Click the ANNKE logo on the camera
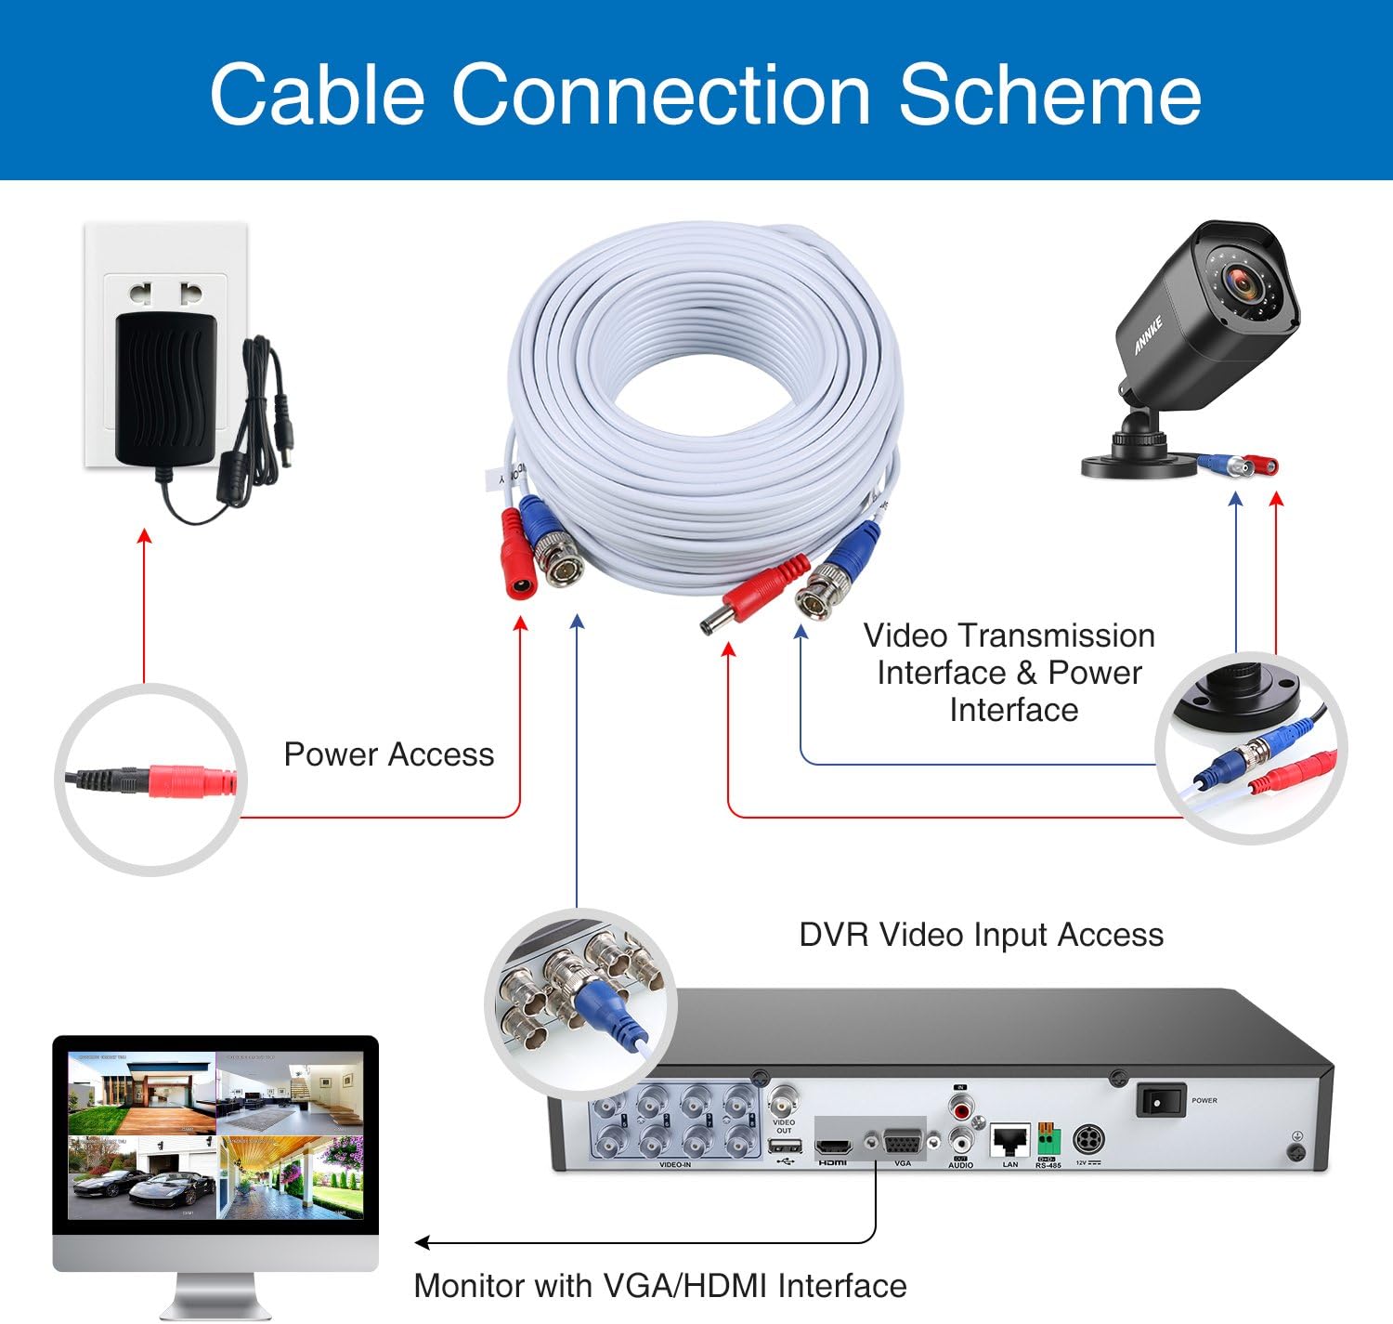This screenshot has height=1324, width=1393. pos(1149,335)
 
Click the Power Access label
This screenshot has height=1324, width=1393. pos(388,754)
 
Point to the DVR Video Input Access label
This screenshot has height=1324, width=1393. pos(981,935)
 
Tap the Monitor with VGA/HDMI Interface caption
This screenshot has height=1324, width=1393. pos(659,1286)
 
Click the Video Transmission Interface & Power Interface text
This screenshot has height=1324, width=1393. pos(1009,673)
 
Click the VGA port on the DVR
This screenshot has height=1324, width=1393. pos(902,1142)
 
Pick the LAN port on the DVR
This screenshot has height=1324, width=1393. pos(1009,1140)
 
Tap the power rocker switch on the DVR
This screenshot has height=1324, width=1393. pos(1161,1101)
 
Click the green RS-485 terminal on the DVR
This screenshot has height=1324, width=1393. pos(1048,1138)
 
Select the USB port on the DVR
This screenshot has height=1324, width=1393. pos(785,1145)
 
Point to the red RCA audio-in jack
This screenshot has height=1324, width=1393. pos(961,1108)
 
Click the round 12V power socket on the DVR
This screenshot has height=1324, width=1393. pos(1087,1139)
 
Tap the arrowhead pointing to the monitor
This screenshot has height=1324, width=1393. pos(423,1242)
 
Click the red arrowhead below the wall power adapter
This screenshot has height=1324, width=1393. pos(144,535)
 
